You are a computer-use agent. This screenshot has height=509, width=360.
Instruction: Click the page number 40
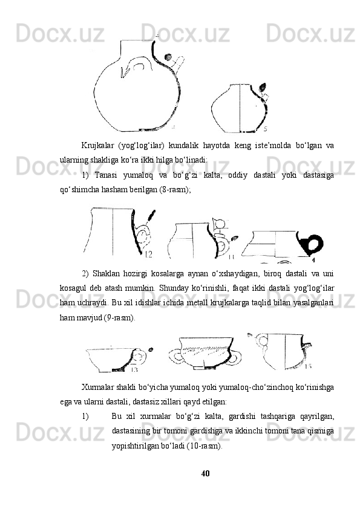[x=205, y=473]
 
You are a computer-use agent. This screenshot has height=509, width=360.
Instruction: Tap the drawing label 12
[x=148, y=254]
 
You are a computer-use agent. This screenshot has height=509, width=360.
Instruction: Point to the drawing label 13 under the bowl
[x=134, y=369]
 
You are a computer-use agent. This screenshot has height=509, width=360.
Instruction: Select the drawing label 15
[x=308, y=366]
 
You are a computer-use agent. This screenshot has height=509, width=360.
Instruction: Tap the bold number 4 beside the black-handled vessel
[x=313, y=260]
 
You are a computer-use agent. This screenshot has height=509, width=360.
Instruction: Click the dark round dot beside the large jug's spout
[x=168, y=57]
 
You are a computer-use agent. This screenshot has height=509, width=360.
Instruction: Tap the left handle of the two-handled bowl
[x=176, y=357]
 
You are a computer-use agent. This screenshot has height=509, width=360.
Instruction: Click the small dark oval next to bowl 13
[x=151, y=349]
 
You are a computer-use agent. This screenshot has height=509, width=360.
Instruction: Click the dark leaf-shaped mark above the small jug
[x=262, y=87]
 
